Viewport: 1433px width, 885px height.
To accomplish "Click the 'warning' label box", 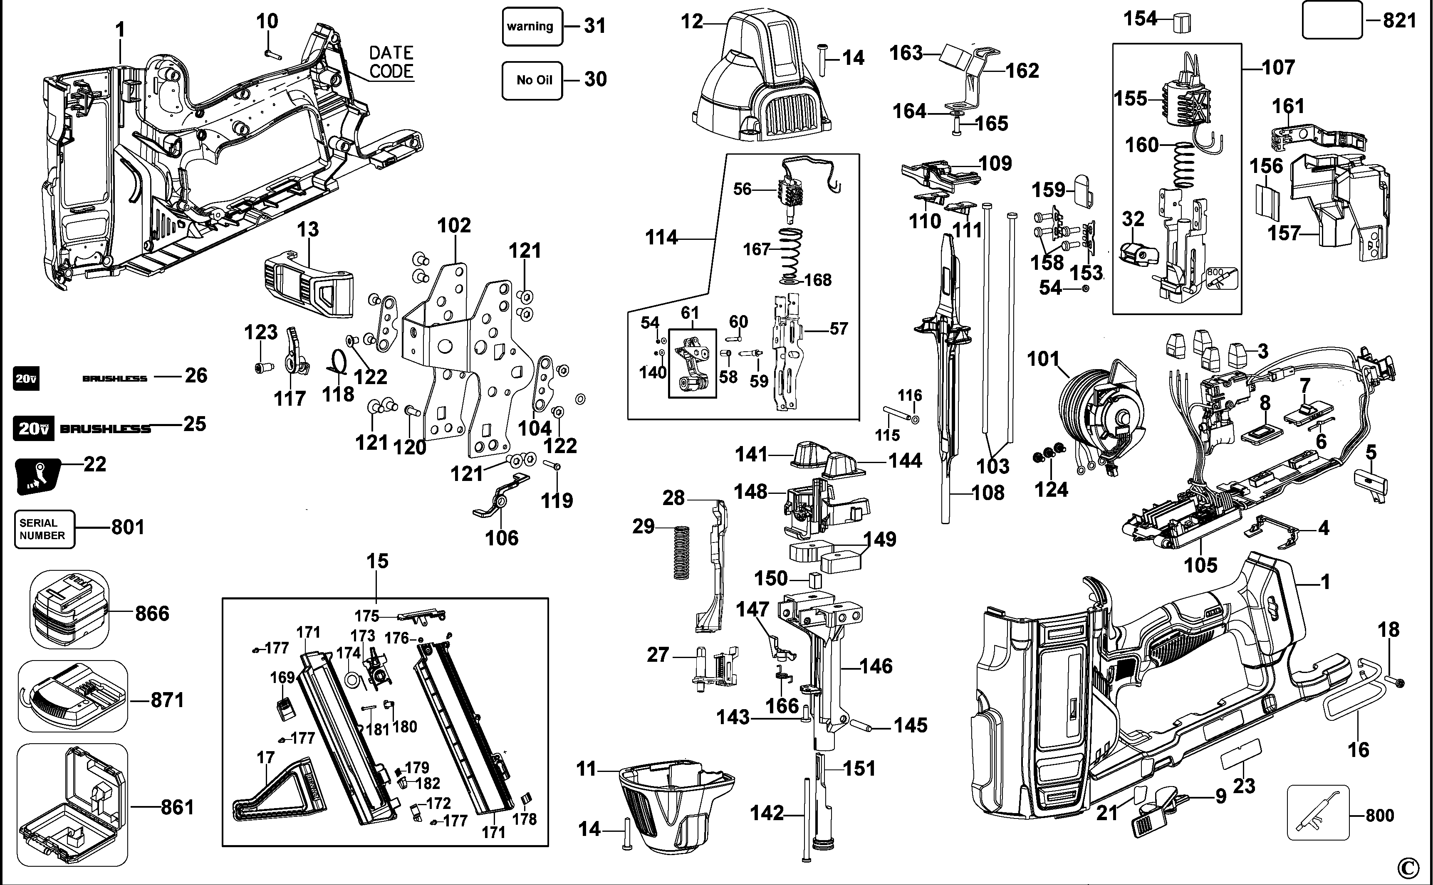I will [532, 26].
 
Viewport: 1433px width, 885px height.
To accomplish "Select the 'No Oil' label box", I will [532, 80].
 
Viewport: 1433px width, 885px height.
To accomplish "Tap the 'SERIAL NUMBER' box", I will [44, 529].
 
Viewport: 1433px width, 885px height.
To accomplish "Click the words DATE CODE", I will [391, 62].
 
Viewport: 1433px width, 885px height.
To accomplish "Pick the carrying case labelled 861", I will [72, 805].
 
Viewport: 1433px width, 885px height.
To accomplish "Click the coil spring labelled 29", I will [681, 552].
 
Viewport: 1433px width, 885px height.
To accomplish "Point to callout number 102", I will [454, 225].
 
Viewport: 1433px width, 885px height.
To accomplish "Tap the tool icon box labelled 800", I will [1318, 812].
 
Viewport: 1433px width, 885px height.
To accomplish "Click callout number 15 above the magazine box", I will [377, 561].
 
